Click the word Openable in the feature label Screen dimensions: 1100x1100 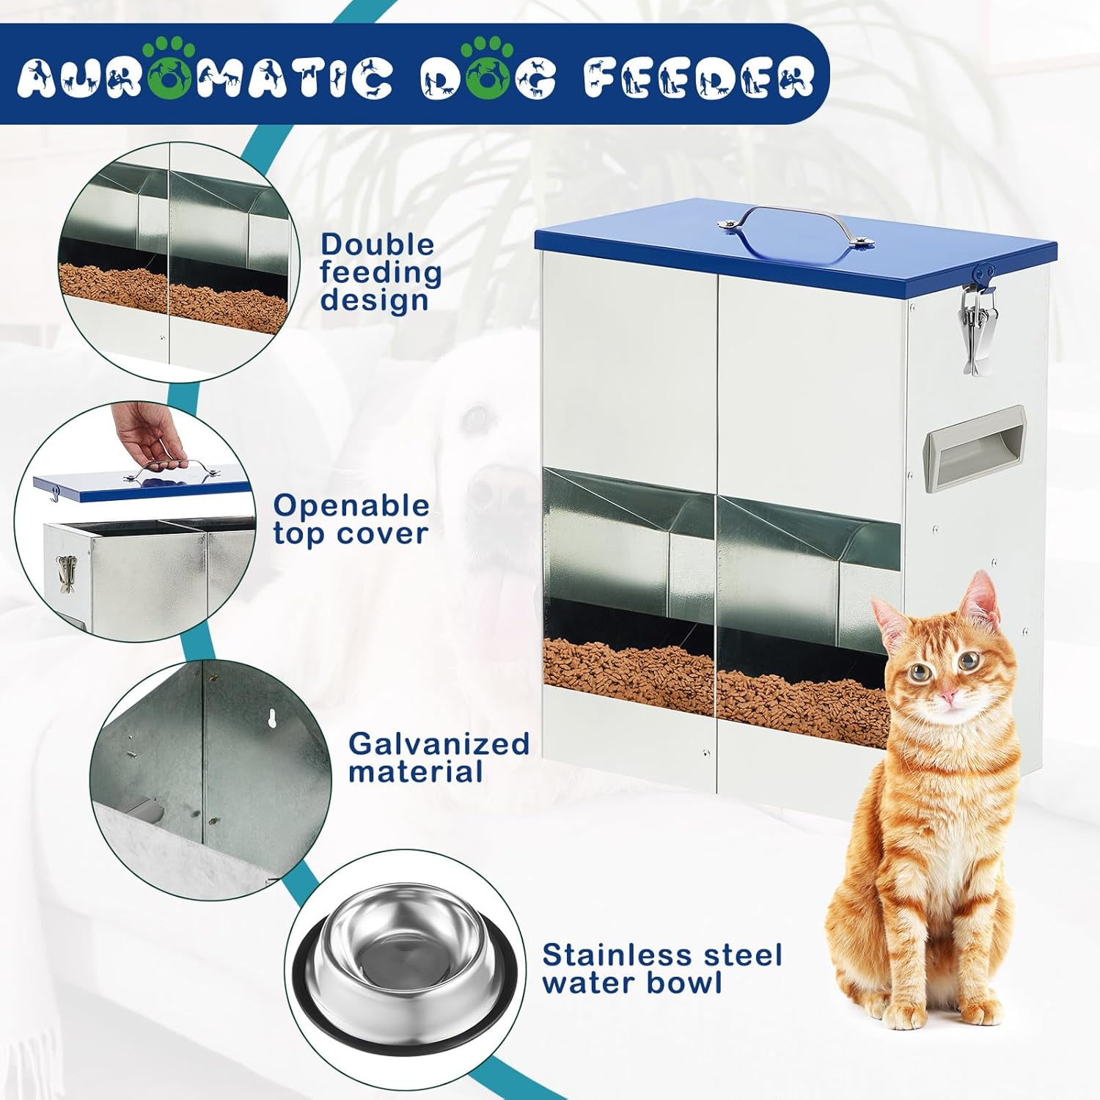click(351, 506)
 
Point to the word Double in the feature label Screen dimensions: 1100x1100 click(377, 244)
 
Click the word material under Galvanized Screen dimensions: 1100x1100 click(415, 771)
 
